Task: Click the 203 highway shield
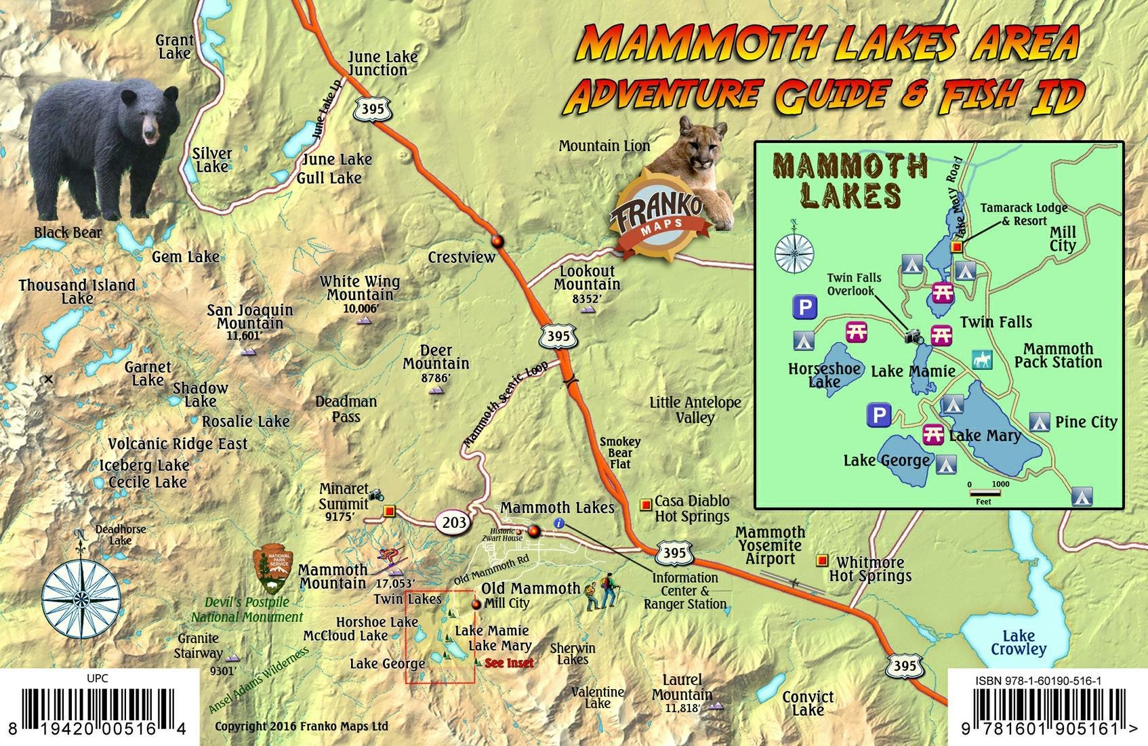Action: [455, 522]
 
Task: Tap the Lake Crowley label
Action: [1018, 642]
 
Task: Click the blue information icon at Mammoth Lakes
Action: [559, 522]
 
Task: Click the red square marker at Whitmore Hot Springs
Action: [822, 560]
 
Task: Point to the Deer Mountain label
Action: [436, 357]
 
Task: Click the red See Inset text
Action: [509, 663]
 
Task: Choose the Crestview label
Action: [462, 257]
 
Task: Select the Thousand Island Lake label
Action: [77, 291]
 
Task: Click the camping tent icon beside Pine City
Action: [1040, 422]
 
